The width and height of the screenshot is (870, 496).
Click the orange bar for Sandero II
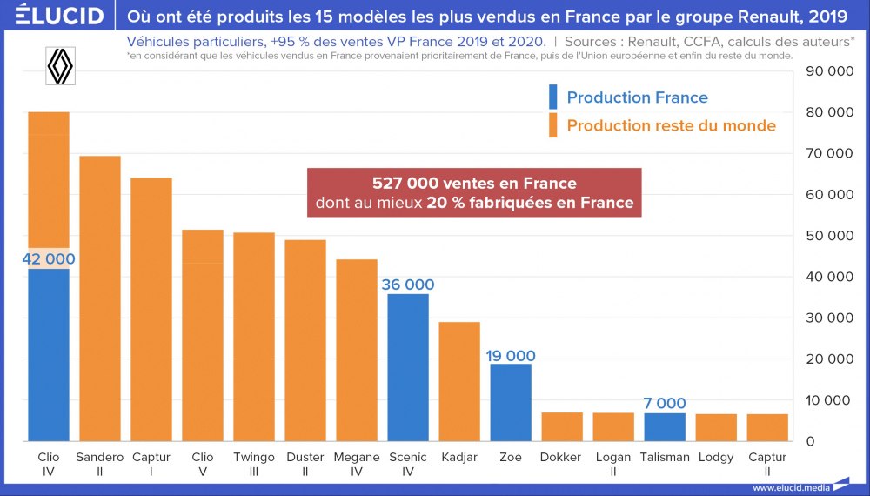click(100, 298)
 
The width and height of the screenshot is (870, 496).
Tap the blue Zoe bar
click(511, 402)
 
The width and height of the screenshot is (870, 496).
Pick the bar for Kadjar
click(459, 381)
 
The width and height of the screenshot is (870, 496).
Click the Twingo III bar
click(254, 337)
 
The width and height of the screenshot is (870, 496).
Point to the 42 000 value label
click(49, 258)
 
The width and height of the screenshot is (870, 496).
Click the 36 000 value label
click(408, 285)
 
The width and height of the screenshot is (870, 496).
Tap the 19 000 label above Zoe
click(511, 356)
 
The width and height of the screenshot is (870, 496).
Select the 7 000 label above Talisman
click(665, 404)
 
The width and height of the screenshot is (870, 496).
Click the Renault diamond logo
click(59, 65)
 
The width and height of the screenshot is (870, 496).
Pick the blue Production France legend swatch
click(552, 97)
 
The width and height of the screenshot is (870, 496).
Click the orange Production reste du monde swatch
click(552, 125)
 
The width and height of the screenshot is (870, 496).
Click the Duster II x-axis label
click(305, 464)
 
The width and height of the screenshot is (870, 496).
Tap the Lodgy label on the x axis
click(716, 458)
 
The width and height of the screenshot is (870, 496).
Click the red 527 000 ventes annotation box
click(474, 194)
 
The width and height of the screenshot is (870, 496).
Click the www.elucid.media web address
click(788, 487)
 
